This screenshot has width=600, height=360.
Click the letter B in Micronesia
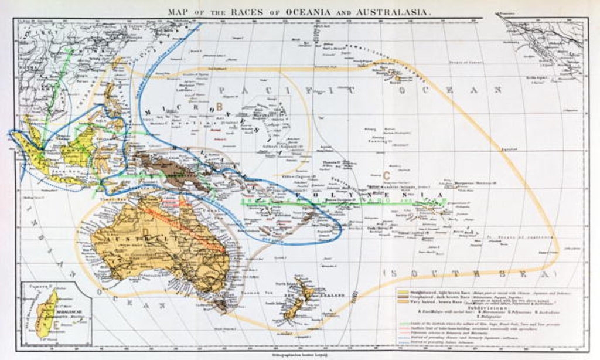219,106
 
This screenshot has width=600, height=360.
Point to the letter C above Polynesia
386,175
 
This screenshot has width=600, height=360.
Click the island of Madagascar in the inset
46,314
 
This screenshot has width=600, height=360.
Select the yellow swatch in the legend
404,291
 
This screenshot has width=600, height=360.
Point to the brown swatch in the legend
404,298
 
